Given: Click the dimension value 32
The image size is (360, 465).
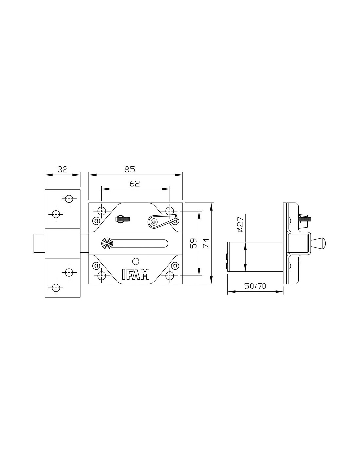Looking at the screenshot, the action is (62, 169).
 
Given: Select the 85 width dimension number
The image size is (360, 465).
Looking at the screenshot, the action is (130, 169).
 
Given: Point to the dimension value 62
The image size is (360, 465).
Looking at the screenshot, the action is (135, 183).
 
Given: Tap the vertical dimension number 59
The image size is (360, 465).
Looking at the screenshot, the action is (194, 243).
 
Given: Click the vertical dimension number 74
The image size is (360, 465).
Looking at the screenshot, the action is (206, 243).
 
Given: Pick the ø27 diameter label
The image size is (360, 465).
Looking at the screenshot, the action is (240, 224).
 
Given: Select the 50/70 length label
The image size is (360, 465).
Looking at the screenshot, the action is (255, 286).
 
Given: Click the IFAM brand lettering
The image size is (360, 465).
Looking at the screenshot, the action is (135, 274).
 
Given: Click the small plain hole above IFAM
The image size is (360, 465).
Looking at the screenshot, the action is (136, 261).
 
